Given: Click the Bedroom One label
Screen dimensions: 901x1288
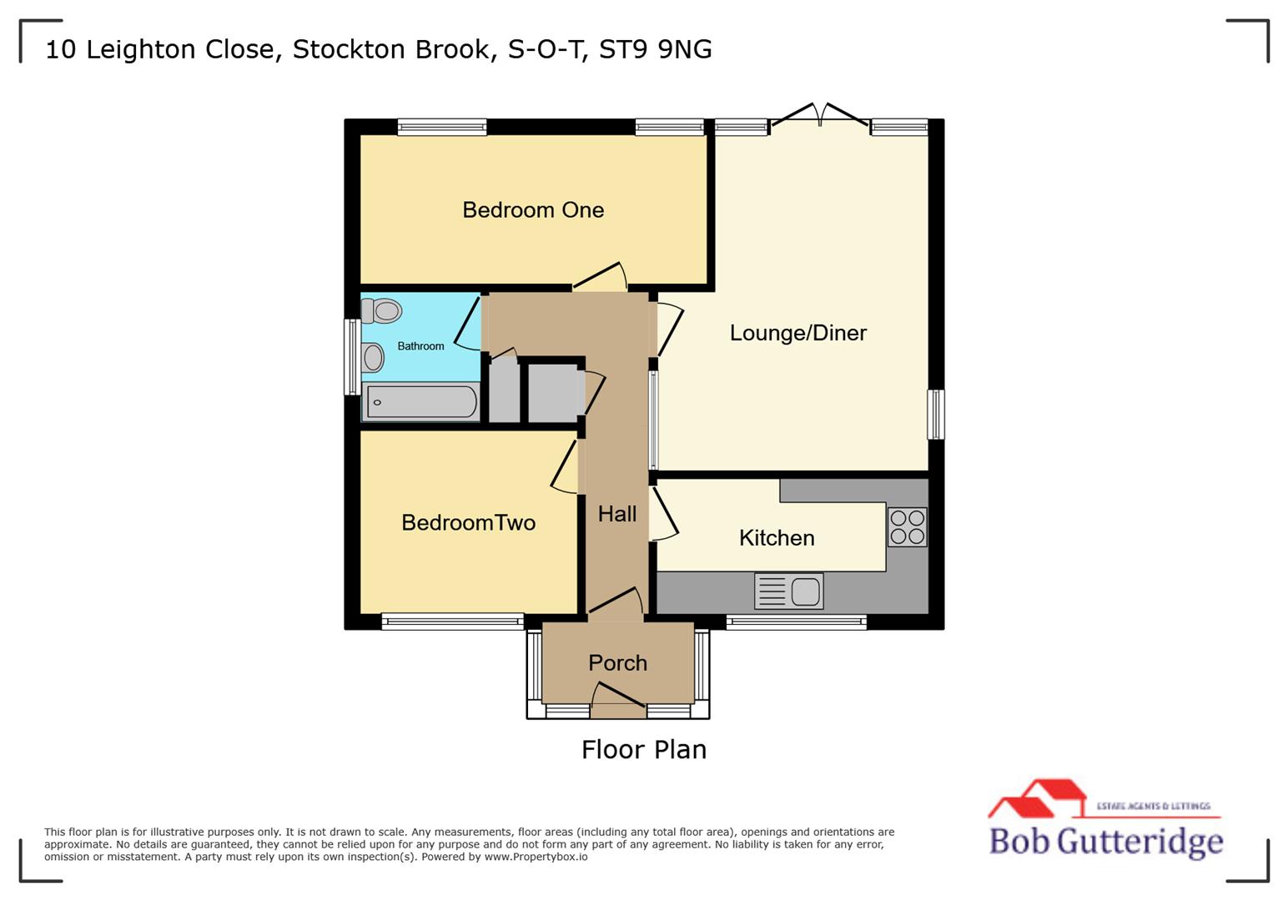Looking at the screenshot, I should (x=533, y=210).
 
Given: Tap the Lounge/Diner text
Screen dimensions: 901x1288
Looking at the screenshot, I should (x=798, y=333).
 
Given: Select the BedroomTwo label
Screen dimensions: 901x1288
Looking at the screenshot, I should (x=468, y=523).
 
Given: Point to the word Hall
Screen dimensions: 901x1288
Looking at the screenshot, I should (x=617, y=514).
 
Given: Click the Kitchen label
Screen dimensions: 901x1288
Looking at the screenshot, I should (x=777, y=538).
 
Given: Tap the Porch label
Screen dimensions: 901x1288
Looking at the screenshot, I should (x=617, y=663).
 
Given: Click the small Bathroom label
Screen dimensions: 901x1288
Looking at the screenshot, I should (x=420, y=346).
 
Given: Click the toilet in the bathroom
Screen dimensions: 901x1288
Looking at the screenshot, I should (x=382, y=311).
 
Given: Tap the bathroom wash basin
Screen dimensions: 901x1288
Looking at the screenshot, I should (x=372, y=358).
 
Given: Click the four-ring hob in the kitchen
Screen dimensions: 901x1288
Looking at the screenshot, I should (x=907, y=526).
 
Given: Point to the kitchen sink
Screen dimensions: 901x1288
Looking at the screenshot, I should (x=788, y=591).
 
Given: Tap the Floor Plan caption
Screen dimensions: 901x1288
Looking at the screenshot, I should (x=644, y=750).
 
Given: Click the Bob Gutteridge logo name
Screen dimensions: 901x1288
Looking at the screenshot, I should (x=1106, y=841).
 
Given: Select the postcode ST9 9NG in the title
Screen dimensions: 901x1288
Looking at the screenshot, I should (x=656, y=49).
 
